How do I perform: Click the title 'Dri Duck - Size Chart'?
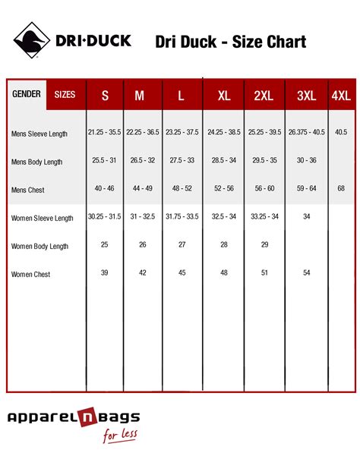[230, 41]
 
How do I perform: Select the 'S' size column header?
[105, 96]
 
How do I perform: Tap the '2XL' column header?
[264, 96]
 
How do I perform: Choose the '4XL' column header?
[342, 96]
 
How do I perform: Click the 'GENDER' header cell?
[27, 95]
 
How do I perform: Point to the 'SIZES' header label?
[65, 95]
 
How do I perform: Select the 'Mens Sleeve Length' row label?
[39, 134]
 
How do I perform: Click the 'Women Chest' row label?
[31, 274]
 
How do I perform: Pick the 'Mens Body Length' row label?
[36, 162]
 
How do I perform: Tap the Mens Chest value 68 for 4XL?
[341, 188]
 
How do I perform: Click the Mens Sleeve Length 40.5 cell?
[341, 132]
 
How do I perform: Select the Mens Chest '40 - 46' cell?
[105, 188]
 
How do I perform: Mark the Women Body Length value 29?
[264, 245]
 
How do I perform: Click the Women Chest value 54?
[306, 272]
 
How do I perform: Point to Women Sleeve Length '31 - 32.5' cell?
[143, 216]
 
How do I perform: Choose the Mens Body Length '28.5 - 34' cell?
[223, 160]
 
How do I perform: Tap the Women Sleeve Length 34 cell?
[306, 216]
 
